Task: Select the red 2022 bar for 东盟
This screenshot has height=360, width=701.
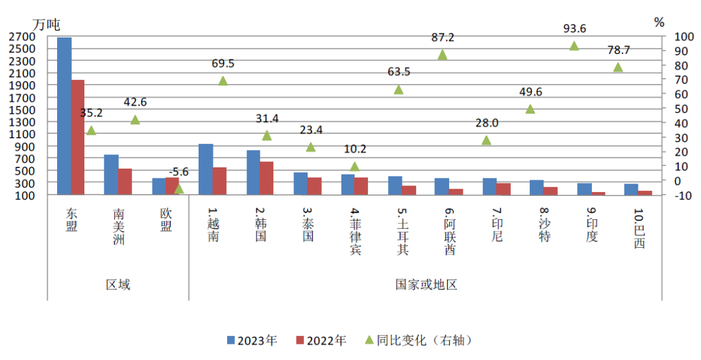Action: [x=78, y=137]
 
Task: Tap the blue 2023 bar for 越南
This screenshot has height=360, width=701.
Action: [x=206, y=169]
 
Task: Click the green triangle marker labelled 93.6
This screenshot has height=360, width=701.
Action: [x=574, y=46]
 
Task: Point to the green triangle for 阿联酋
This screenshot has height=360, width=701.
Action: [x=443, y=55]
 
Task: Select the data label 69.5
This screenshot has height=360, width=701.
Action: [x=223, y=64]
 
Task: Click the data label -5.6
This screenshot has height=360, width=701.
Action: [x=178, y=172]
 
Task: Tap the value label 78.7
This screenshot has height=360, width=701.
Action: [x=617, y=50]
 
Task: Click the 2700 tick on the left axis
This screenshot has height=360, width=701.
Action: [x=22, y=36]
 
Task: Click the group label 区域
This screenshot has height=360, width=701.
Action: [x=118, y=285]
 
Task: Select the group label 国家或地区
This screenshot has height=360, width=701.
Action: [x=426, y=285]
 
